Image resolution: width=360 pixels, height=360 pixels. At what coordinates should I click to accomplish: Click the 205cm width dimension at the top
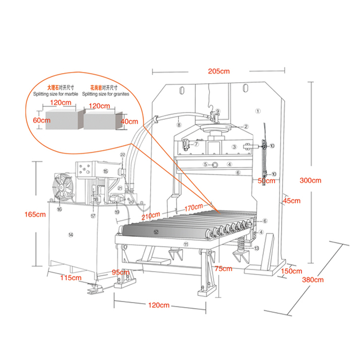coord(219,71)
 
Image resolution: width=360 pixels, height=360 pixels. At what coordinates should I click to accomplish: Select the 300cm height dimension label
coord(310,181)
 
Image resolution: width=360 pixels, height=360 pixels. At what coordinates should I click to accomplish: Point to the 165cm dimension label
coord(35,214)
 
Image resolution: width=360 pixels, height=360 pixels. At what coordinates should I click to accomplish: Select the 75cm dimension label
coord(223,268)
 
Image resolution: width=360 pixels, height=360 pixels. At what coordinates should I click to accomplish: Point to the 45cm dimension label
coord(292,201)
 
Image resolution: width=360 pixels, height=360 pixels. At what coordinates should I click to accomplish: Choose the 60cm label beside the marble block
coord(42,121)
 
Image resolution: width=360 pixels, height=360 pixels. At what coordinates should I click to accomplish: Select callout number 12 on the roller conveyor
coord(156,231)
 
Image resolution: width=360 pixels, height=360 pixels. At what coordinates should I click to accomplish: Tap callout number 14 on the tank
coord(70,233)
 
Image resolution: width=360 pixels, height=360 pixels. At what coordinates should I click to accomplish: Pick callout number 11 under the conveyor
coord(185,244)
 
